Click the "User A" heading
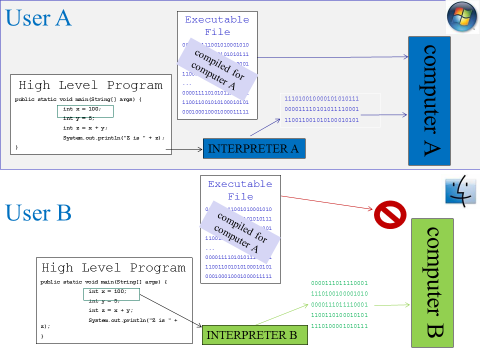tap(39, 17)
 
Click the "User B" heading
tap(39, 212)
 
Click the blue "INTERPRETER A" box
tap(254, 148)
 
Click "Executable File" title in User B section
tap(242, 190)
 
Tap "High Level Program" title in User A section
tap(91, 85)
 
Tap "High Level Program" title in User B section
tap(114, 268)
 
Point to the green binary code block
tap(340, 305)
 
